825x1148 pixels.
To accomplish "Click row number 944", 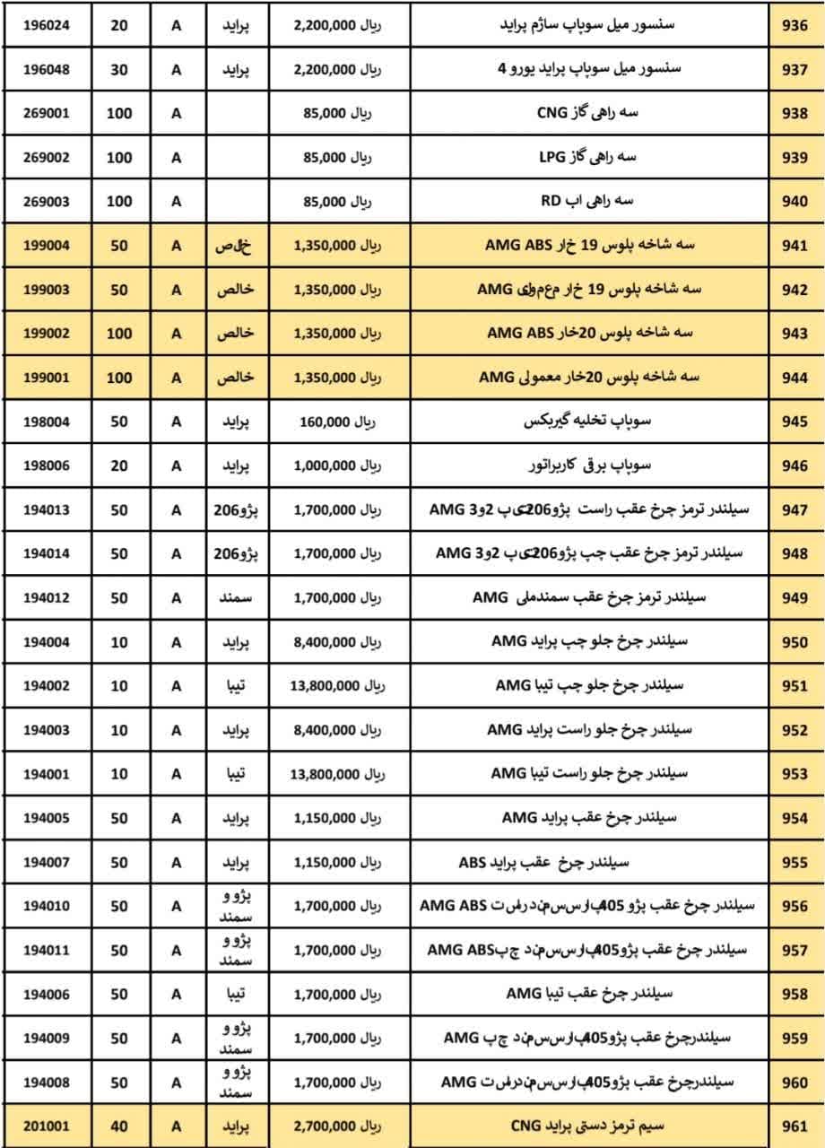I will click(x=795, y=378).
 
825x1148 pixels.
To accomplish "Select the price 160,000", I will click(x=325, y=422).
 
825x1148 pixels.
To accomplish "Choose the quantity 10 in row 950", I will click(x=118, y=642).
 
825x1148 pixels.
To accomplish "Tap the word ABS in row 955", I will click(x=473, y=864).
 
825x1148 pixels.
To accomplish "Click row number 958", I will click(x=795, y=995).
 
